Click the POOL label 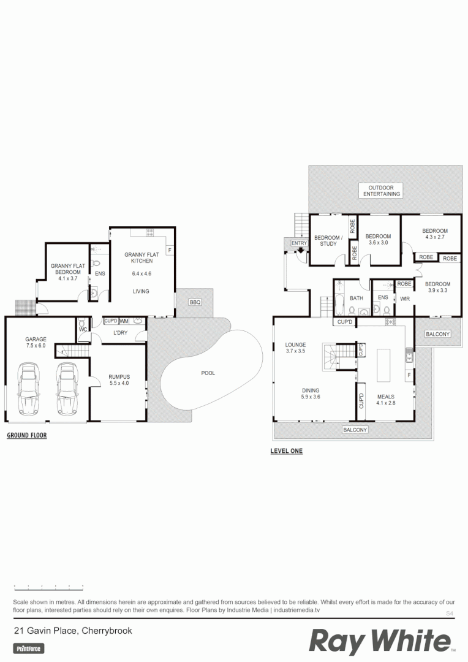click(x=208, y=373)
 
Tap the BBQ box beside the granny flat click(x=195, y=303)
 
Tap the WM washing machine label click(x=124, y=321)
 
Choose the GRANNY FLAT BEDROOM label click(x=67, y=269)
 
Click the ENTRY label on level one click(x=299, y=243)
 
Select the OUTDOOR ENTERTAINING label click(x=381, y=191)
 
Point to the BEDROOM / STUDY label click(x=328, y=240)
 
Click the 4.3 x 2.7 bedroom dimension click(x=435, y=238)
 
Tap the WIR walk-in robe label click(x=404, y=299)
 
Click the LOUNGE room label click(x=295, y=345)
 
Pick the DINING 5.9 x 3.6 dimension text click(x=310, y=397)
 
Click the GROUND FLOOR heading click(x=26, y=436)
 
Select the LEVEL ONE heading click(x=286, y=451)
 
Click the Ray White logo click(x=380, y=642)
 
